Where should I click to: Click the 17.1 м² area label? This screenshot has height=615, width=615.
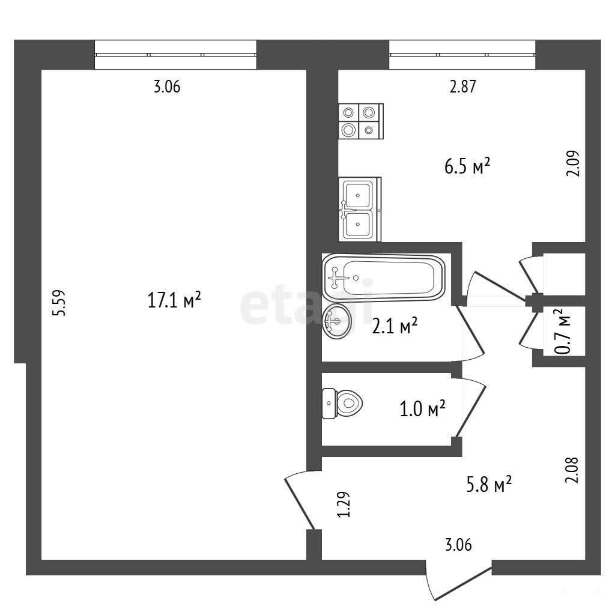174,300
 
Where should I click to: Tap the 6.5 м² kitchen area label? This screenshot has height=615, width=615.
467,166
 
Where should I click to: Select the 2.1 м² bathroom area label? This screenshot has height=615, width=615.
394,326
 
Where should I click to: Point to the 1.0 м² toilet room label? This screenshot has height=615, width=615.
422,408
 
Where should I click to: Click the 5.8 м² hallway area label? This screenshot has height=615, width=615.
489,484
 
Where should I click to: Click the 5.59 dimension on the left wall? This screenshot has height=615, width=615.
60,303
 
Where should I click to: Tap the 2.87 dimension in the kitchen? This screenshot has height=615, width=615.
463,86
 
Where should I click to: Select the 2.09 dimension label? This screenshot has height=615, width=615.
573,163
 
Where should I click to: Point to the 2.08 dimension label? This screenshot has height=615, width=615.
572,470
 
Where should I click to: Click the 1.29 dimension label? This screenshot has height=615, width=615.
344,504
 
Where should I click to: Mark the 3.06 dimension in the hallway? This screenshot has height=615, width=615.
458,545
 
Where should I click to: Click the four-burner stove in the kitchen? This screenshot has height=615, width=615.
361,121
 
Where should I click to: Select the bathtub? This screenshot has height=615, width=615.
384,277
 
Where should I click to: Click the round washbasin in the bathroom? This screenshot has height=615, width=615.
337,321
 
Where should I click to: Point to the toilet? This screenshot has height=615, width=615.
342,403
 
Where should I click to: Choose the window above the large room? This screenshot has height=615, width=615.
176,55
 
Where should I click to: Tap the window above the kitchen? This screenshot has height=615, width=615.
462,55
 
